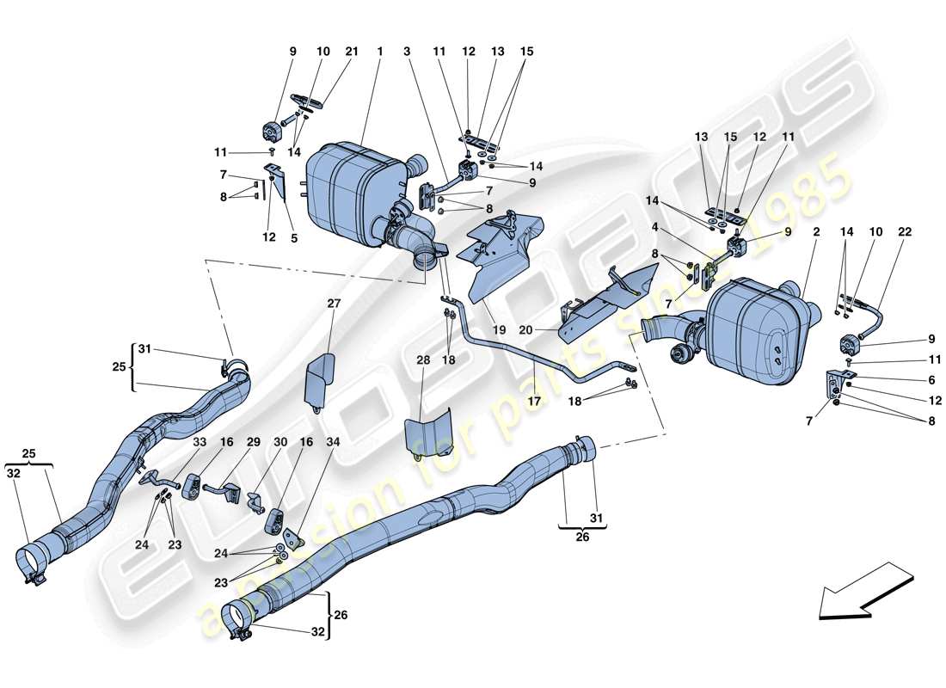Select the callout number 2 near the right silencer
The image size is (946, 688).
pos(815,232)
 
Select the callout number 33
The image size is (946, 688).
pos(200,442)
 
